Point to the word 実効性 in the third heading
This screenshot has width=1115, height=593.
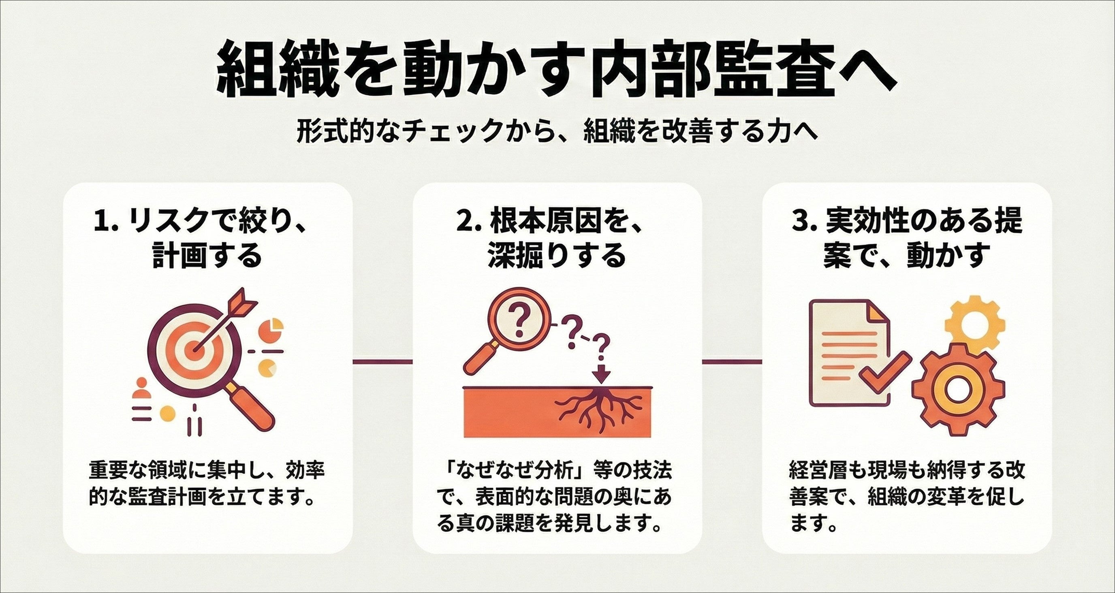pyautogui.click(x=872, y=222)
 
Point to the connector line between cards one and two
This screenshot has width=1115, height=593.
pyautogui.click(x=382, y=360)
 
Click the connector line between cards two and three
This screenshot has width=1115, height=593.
pyautogui.click(x=731, y=360)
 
